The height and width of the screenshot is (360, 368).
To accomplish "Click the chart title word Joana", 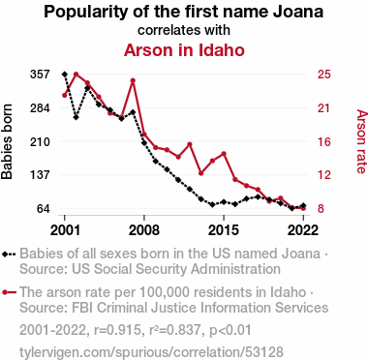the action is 298,12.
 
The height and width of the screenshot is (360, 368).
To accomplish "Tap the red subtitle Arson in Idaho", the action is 184,50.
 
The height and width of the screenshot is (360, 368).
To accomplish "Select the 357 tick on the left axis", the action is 40,75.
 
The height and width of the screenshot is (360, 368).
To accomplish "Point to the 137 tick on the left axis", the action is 40,175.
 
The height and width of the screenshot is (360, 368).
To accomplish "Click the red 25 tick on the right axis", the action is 324,75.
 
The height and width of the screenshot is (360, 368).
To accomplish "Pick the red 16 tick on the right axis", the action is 324,141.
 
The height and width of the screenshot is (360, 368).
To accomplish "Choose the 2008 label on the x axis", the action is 144,230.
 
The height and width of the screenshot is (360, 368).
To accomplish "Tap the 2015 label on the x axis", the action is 224,230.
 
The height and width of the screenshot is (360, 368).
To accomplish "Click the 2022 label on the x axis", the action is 303,230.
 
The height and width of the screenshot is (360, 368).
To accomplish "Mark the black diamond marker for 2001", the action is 65,75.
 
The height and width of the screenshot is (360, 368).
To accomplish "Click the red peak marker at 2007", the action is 133,80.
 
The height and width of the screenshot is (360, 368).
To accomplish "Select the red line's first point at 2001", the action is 65,95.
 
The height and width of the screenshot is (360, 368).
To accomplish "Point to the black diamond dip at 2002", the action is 76,117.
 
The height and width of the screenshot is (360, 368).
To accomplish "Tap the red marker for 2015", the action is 224,154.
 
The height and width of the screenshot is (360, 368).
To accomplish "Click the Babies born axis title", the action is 7,141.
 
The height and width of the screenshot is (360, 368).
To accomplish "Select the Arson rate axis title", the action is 361,141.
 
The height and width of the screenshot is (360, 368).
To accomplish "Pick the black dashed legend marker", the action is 9,255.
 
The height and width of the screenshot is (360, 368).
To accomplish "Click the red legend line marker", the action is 9,292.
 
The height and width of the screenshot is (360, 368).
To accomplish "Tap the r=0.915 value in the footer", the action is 117,330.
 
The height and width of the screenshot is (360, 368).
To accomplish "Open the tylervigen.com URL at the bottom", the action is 151,351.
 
